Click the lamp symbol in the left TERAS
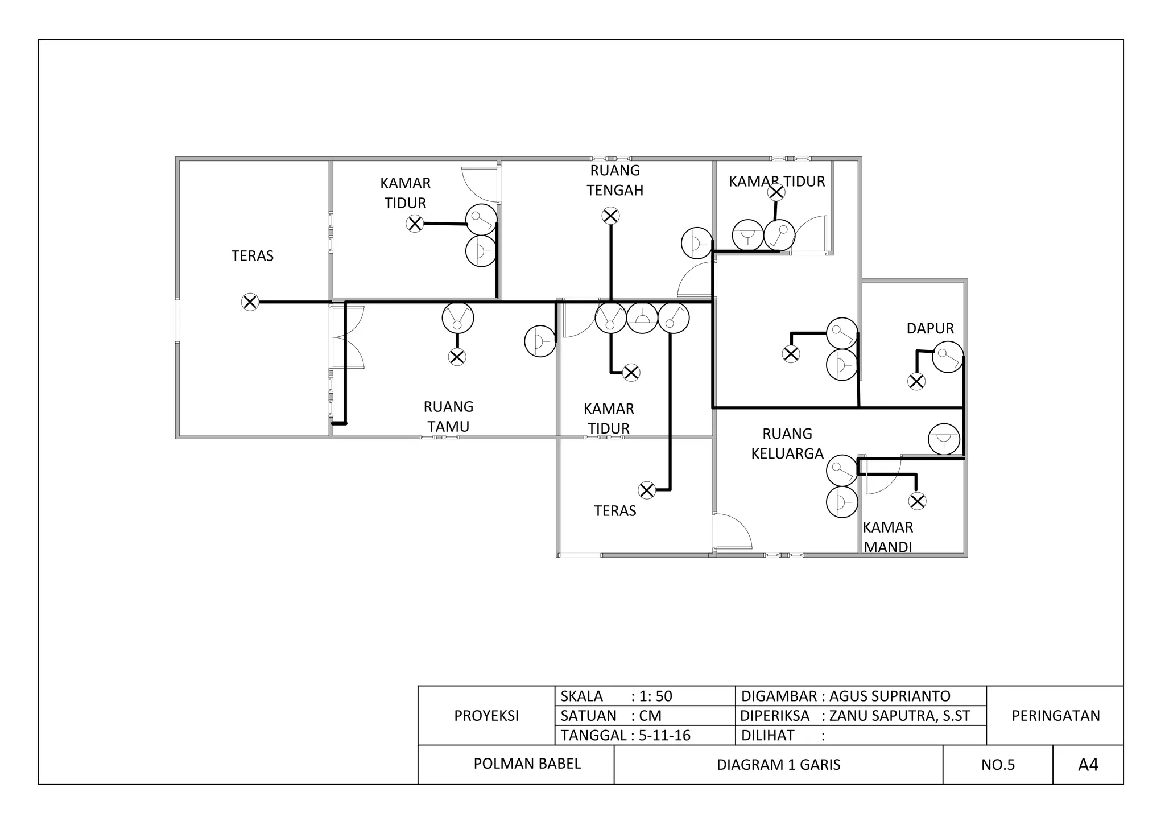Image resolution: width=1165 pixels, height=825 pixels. coord(250,302)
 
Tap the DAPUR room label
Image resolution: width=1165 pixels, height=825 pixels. coord(930,328)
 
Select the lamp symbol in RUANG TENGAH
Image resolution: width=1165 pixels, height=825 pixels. coord(610,216)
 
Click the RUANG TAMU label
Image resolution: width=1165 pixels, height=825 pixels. coord(448,416)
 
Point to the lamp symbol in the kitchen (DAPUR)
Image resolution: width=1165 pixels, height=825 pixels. coord(916,381)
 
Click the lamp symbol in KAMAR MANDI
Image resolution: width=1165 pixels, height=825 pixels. coord(917,501)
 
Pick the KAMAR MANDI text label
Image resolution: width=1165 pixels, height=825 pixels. coord(888,537)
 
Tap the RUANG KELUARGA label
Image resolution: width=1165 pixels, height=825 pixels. coord(787,444)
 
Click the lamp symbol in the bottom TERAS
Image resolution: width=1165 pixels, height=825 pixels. coord(647,490)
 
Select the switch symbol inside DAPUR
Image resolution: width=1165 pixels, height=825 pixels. coord(948,357)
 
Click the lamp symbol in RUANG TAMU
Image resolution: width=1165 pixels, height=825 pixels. coord(457,357)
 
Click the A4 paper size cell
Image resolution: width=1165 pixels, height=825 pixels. coord(1088,765)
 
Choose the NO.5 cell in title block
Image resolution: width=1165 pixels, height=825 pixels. coord(998,765)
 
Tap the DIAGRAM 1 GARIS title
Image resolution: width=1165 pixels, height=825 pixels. coord(778,765)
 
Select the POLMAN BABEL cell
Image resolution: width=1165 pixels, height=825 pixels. coord(527,764)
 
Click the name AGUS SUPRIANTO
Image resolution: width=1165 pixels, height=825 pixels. coord(890,696)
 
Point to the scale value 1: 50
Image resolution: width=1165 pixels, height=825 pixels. coord(655,696)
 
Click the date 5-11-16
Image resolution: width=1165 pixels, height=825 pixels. coord(664,735)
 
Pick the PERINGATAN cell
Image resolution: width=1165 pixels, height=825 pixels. coord(1055,716)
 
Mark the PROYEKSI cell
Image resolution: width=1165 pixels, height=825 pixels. coord(486,716)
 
